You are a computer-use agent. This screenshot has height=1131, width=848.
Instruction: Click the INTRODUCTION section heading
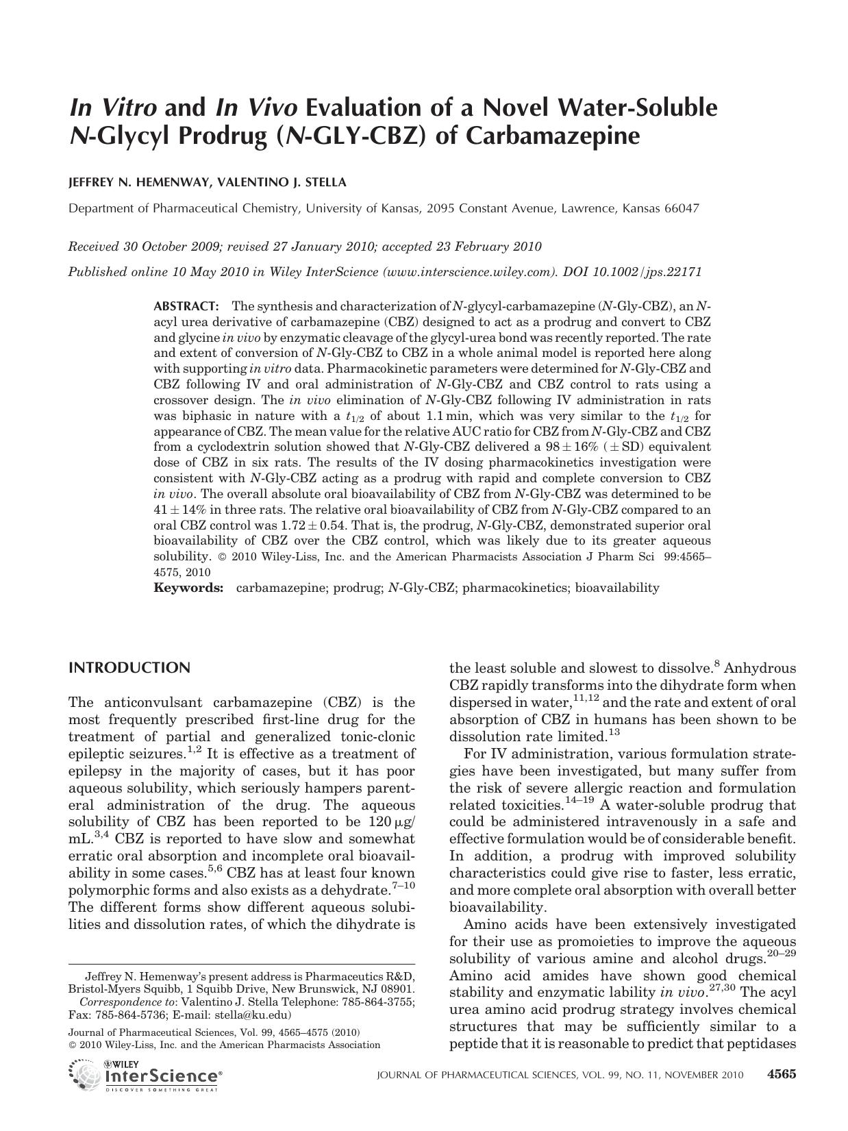click(129, 668)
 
